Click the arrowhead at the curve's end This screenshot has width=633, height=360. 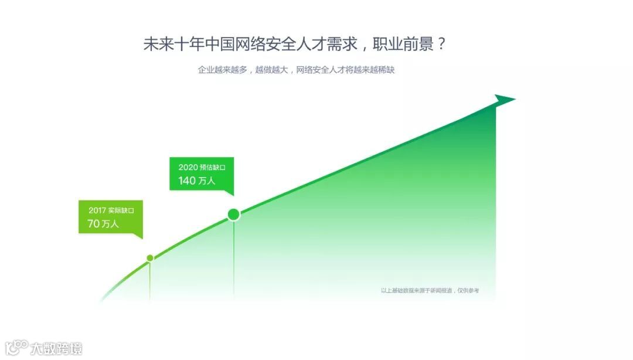504,100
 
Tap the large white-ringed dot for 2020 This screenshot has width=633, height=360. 233,214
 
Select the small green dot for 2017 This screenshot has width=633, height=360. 150,258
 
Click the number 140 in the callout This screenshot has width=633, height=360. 187,181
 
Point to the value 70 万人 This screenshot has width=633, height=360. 103,223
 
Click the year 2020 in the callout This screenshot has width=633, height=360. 188,168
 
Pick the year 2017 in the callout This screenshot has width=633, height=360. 98,210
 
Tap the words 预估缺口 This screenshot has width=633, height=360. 213,168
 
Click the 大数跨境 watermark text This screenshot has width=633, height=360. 56,348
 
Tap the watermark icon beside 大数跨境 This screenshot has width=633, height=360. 16,348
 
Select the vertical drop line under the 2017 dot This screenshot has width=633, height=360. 150,281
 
